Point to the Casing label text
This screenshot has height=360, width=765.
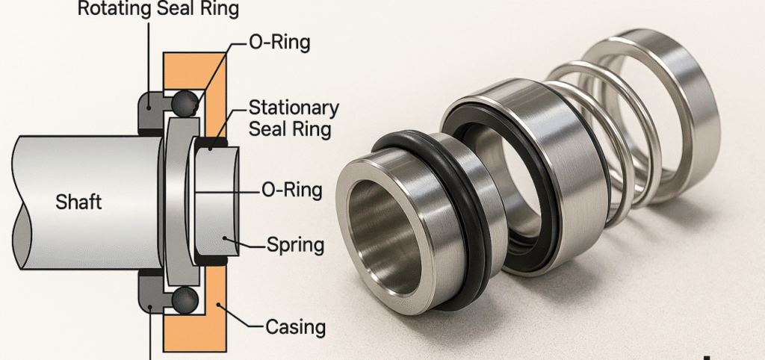(294, 326)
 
